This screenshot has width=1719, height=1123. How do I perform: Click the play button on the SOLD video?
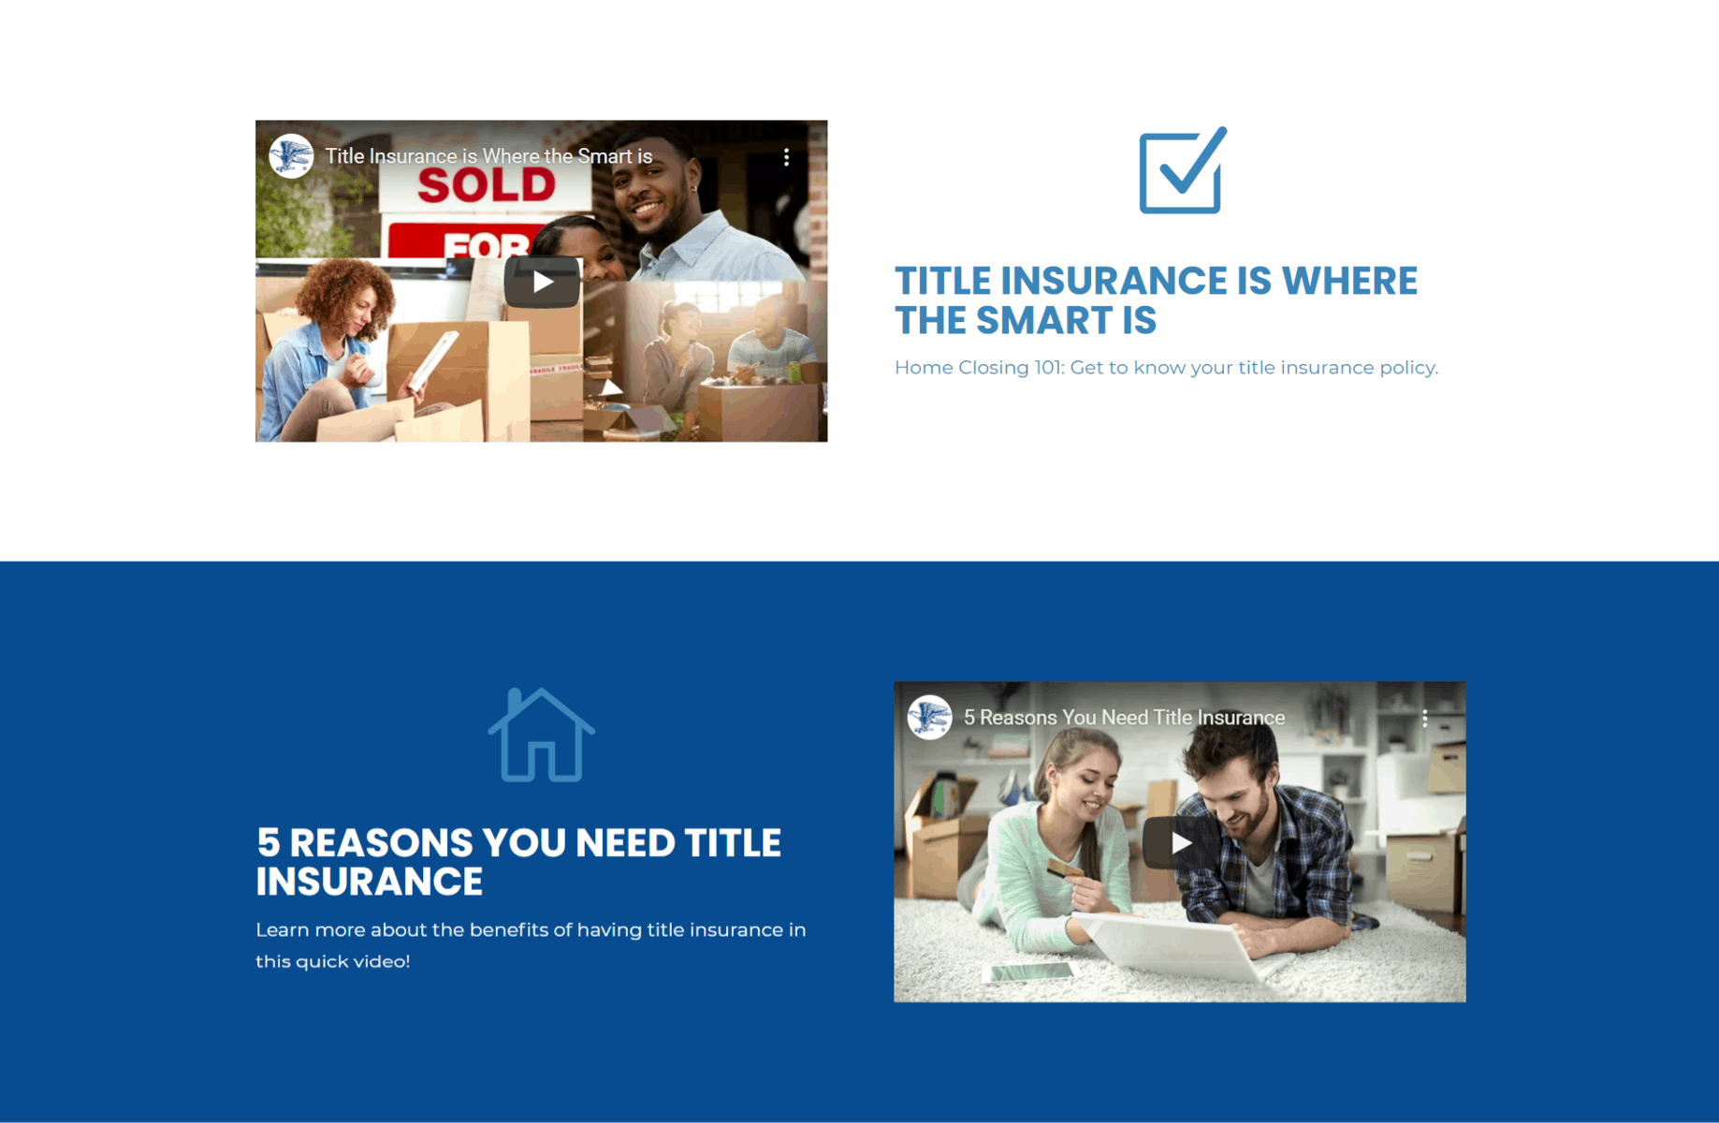click(542, 282)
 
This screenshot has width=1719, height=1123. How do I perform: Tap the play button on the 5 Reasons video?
click(1180, 843)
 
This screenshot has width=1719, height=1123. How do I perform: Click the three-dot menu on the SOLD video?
click(786, 157)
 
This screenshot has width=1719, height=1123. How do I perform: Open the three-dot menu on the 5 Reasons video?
click(1424, 718)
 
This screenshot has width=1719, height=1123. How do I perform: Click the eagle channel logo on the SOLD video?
click(291, 156)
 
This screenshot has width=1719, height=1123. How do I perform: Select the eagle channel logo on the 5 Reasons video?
click(929, 718)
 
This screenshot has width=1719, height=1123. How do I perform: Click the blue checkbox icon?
click(1182, 171)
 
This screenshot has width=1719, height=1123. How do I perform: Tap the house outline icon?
click(541, 735)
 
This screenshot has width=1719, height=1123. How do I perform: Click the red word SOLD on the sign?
click(487, 185)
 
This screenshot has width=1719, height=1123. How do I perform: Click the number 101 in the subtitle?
click(1047, 368)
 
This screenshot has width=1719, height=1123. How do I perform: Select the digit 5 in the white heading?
click(269, 842)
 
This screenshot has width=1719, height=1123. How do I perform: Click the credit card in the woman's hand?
click(1064, 869)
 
